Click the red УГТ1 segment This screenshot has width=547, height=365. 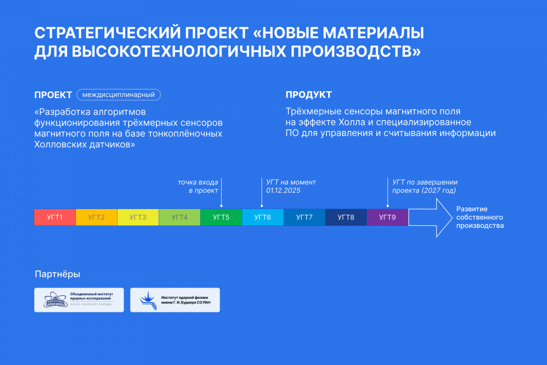[x=55, y=217]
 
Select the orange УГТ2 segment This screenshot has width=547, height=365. [x=97, y=217]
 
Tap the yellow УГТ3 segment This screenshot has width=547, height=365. [x=138, y=217]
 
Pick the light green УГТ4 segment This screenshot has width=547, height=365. [x=180, y=217]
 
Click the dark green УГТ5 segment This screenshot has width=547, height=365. [x=221, y=217]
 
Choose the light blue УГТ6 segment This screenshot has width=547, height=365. [x=263, y=217]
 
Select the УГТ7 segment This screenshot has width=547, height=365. [x=304, y=217]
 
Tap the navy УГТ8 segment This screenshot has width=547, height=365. [x=346, y=217]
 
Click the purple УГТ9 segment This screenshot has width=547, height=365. [x=387, y=217]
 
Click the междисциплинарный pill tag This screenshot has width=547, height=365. [x=119, y=94]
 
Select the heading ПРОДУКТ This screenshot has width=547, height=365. [x=309, y=94]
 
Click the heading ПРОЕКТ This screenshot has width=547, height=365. [x=53, y=95]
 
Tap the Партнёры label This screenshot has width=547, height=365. [x=57, y=274]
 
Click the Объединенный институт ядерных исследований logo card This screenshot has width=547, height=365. [x=79, y=300]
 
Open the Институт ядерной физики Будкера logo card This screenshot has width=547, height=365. [x=175, y=300]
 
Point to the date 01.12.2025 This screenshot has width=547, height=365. [x=283, y=190]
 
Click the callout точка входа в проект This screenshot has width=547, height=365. [x=198, y=186]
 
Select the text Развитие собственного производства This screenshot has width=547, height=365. [x=480, y=217]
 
